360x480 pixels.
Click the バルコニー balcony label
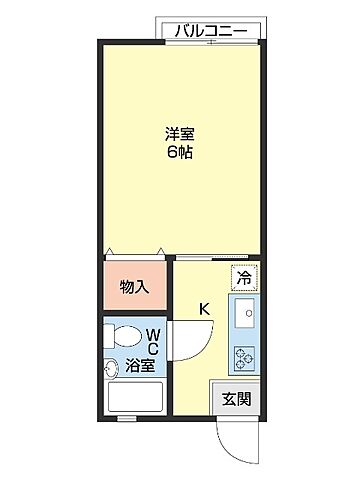point(213,30)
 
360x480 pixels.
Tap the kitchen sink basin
point(243,319)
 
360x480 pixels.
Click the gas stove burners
point(243,357)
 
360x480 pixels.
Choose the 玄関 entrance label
point(236,398)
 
